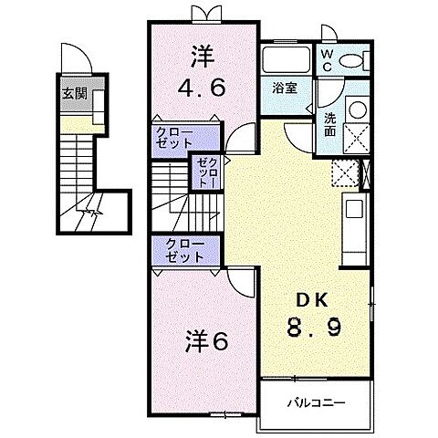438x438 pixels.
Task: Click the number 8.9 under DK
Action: point(314,327)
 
